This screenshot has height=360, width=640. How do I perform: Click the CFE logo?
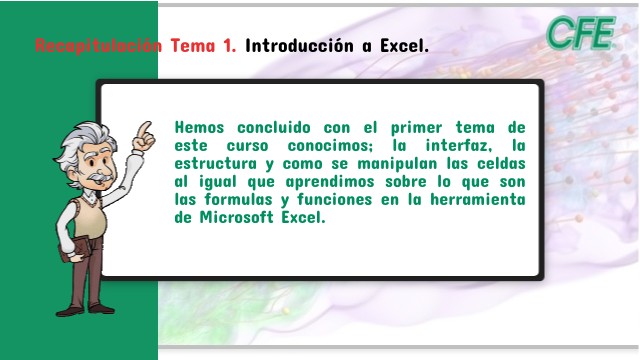(x=581, y=34)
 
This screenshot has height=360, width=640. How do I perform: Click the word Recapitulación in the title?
(x=98, y=46)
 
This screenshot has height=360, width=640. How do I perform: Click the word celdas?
(x=497, y=164)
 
